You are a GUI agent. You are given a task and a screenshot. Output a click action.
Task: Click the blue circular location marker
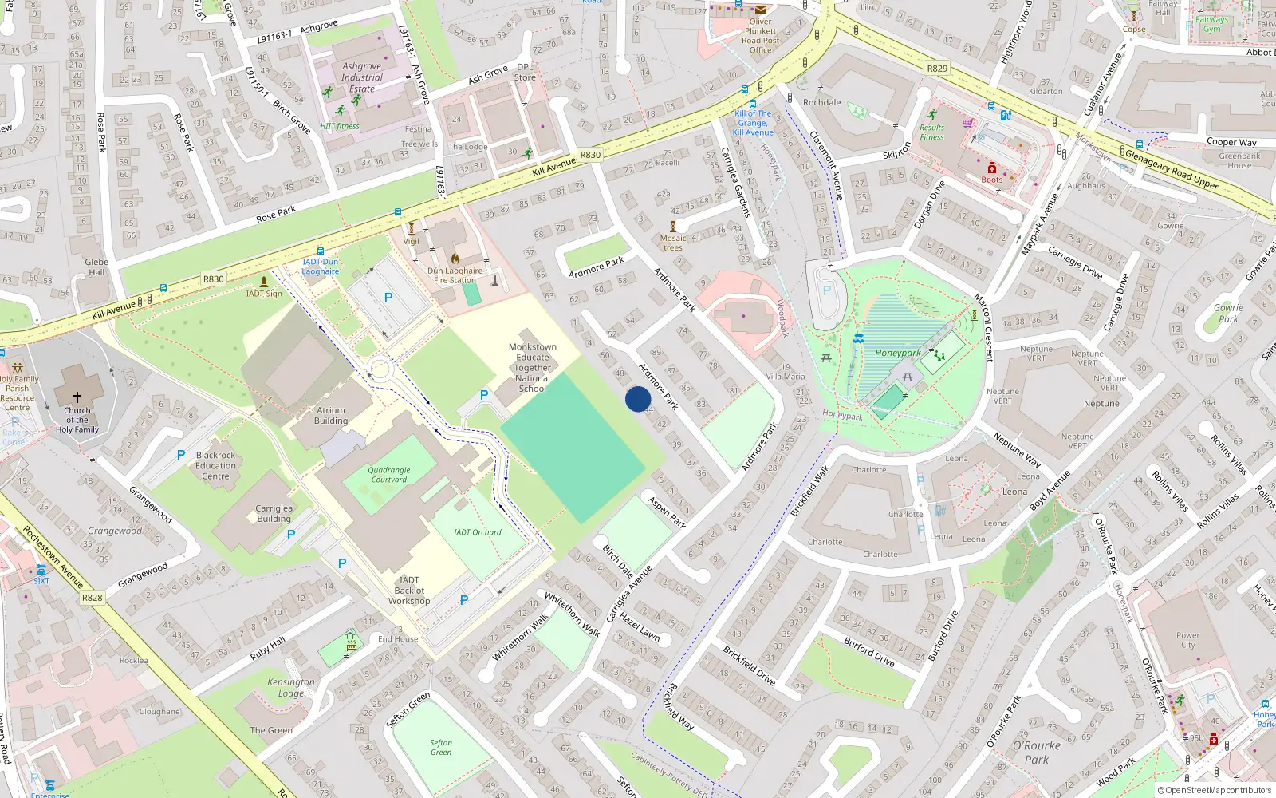pos(638,398)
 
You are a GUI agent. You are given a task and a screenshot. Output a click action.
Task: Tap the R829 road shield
pos(937,69)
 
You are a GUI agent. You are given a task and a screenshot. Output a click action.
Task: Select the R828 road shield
pos(92,597)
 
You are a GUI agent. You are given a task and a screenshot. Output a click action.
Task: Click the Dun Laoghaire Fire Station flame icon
pos(455,259)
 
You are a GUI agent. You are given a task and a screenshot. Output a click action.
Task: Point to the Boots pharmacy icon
pos(991,168)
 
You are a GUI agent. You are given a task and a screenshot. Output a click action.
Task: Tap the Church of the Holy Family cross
pos(77,397)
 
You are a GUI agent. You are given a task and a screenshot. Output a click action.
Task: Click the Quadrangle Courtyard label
pos(389,475)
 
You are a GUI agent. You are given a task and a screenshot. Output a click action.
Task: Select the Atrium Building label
pos(331,415)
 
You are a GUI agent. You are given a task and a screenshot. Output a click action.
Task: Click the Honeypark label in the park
pos(897,353)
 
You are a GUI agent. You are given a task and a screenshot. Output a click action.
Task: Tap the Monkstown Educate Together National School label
pos(532,368)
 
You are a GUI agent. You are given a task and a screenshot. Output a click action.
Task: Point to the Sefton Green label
pos(441,747)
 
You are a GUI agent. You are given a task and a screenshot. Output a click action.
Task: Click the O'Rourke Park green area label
pos(1037,752)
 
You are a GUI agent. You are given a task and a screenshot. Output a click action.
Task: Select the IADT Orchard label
pos(478,532)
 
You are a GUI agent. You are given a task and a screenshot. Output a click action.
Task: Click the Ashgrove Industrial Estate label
pos(362,77)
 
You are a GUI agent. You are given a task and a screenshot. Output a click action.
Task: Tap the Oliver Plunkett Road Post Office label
pos(760,36)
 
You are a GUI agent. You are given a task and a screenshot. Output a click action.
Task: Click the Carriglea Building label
pos(274,513)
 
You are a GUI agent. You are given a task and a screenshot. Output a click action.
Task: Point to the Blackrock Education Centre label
pos(215,465)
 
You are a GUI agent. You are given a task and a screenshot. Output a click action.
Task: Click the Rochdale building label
pos(821,102)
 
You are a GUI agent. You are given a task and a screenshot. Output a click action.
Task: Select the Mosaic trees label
pos(672,243)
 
